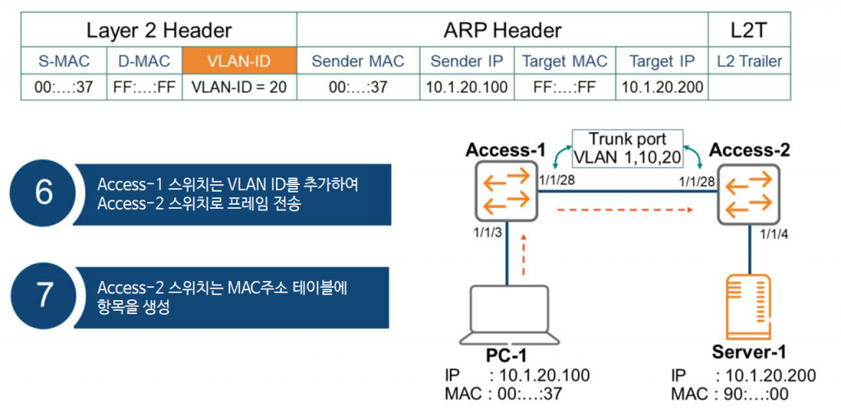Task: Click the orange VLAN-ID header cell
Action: tap(238, 61)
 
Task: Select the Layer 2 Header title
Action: tap(159, 31)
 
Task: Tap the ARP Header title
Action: tap(502, 31)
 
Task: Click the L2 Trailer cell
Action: tap(749, 61)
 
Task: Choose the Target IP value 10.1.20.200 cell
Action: tap(662, 87)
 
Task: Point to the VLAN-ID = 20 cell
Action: tap(238, 87)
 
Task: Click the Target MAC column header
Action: tap(565, 61)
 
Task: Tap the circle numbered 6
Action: tap(44, 192)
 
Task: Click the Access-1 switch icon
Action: tap(506, 192)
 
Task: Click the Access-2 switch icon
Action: tap(747, 192)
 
